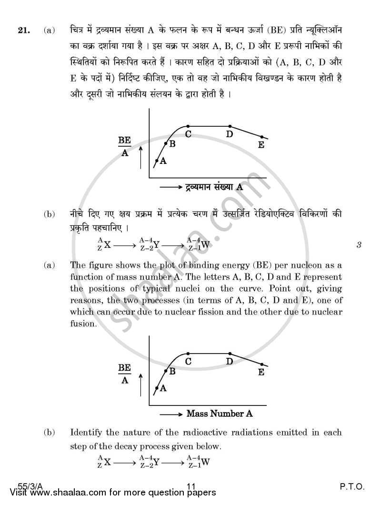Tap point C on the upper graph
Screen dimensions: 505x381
tap(188, 126)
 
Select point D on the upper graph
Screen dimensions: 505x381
tap(230, 126)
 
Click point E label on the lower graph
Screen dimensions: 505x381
tap(261, 372)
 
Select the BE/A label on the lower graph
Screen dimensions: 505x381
tap(124, 374)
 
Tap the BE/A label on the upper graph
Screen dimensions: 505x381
tap(124, 147)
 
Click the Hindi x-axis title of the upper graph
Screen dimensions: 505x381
tap(214, 187)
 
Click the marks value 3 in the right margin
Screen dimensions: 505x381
tap(359, 246)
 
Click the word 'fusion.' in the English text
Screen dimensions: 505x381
tap(83, 323)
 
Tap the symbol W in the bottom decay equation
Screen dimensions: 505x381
tap(205, 462)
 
